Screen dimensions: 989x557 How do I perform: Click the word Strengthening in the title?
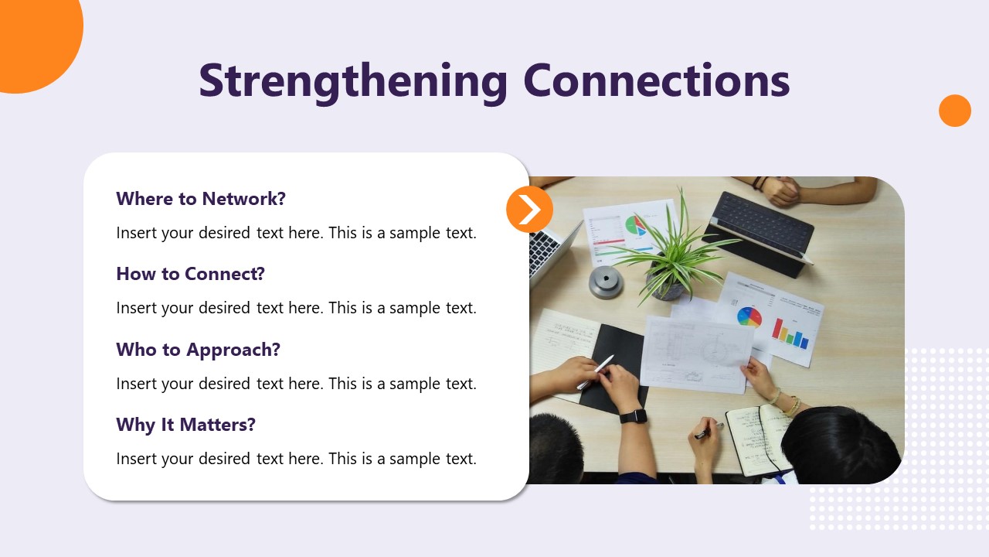point(353,83)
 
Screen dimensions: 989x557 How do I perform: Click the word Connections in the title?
point(657,80)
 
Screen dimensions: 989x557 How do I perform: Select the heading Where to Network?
point(201,199)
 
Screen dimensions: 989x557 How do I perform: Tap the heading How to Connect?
point(190,274)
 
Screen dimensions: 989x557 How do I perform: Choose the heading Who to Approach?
point(199,350)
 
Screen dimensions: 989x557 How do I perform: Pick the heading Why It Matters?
point(186,425)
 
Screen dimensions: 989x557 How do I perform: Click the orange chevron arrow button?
point(529,209)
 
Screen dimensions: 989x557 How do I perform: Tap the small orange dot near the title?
point(955,111)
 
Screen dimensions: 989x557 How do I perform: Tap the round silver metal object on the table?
point(607,282)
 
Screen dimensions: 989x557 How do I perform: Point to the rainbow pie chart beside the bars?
point(749,317)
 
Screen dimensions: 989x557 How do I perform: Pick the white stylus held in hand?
point(596,372)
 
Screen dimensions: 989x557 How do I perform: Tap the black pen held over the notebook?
point(709,432)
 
